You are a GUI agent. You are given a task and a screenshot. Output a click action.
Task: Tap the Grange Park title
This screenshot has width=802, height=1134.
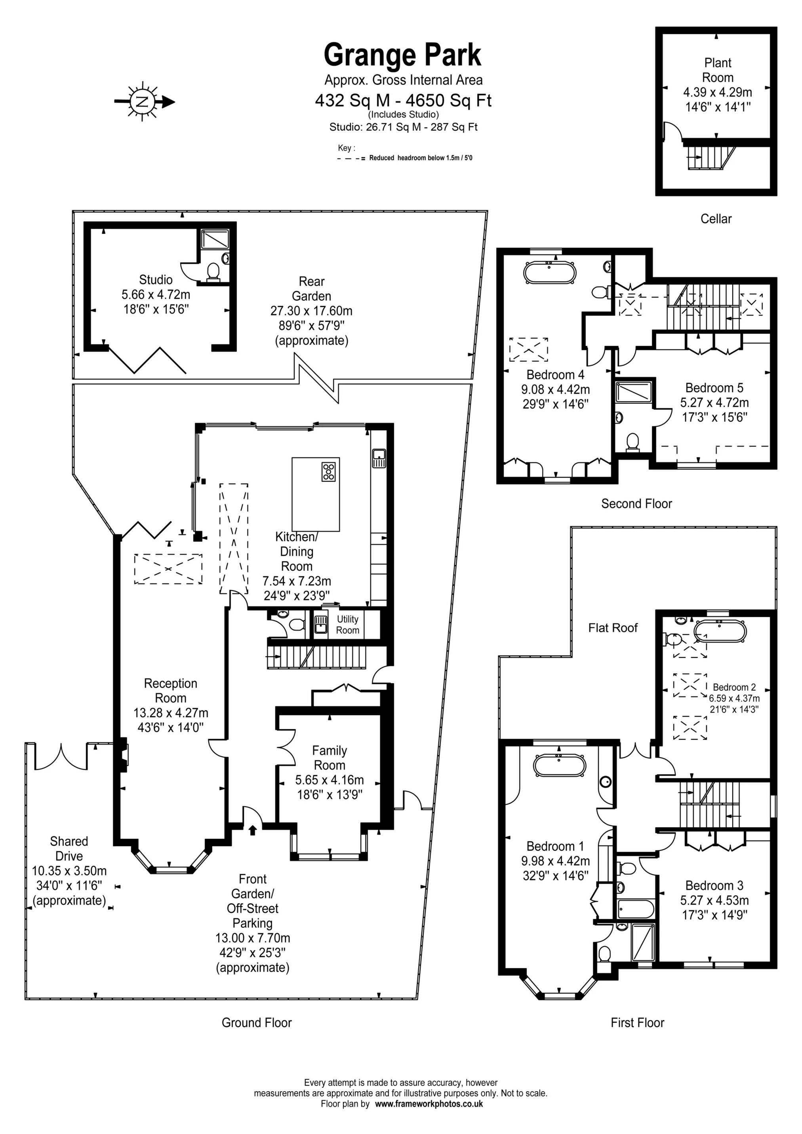click(x=402, y=55)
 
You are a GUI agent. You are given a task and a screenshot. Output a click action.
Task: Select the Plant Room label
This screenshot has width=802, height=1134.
click(x=718, y=70)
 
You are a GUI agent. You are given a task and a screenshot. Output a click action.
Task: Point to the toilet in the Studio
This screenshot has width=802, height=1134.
click(x=213, y=272)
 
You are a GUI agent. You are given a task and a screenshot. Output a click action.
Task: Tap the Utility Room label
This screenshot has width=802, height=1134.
click(x=348, y=624)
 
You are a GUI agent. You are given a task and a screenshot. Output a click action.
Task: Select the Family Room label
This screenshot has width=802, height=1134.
click(x=330, y=758)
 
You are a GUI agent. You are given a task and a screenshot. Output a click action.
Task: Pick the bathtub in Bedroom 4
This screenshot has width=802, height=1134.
click(x=549, y=272)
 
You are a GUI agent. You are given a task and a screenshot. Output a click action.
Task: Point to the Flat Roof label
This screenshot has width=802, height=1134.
click(x=613, y=628)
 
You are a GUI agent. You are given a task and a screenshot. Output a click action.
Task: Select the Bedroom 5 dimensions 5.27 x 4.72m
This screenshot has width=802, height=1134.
click(x=714, y=403)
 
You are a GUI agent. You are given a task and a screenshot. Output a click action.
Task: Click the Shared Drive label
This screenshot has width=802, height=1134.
click(x=69, y=849)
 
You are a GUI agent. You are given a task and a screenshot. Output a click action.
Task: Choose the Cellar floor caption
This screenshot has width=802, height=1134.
click(x=716, y=219)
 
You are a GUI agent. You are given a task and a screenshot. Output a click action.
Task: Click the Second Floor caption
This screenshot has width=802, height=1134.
click(x=636, y=504)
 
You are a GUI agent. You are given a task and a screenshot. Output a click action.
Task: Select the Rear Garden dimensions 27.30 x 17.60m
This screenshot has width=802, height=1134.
click(x=311, y=311)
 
